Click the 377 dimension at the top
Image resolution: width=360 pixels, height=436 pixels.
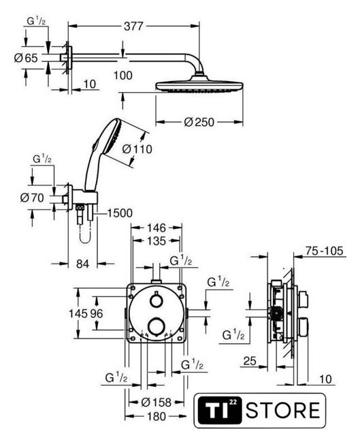coord(133,26)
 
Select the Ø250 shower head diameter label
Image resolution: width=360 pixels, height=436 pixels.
coord(199,122)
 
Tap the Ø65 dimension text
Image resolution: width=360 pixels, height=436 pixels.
coord(26,58)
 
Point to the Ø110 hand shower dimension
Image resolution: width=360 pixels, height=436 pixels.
coord(137,149)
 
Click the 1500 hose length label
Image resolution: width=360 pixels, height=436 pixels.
coord(120,213)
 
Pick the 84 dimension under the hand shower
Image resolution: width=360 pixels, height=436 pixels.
coord(82,264)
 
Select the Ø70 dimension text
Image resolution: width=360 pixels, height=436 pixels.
coord(32,198)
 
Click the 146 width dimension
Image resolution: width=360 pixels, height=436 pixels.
coord(157,228)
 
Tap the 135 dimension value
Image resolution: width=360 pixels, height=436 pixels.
coord(157,240)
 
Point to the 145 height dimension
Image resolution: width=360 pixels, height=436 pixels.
coord(78,313)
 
